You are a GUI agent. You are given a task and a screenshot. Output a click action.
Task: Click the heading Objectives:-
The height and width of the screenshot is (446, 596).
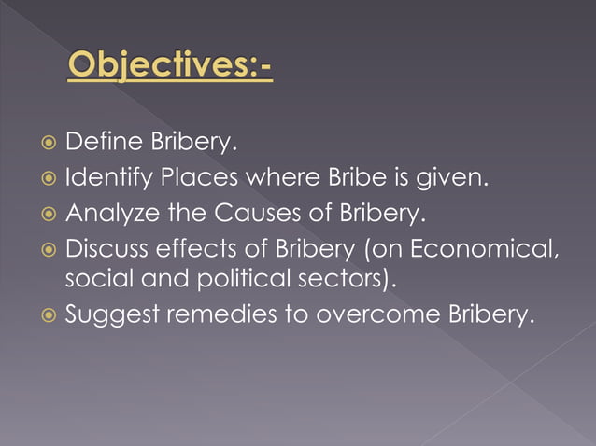[x=171, y=68]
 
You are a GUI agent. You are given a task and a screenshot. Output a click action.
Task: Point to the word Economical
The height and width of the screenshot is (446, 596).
[x=481, y=247]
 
